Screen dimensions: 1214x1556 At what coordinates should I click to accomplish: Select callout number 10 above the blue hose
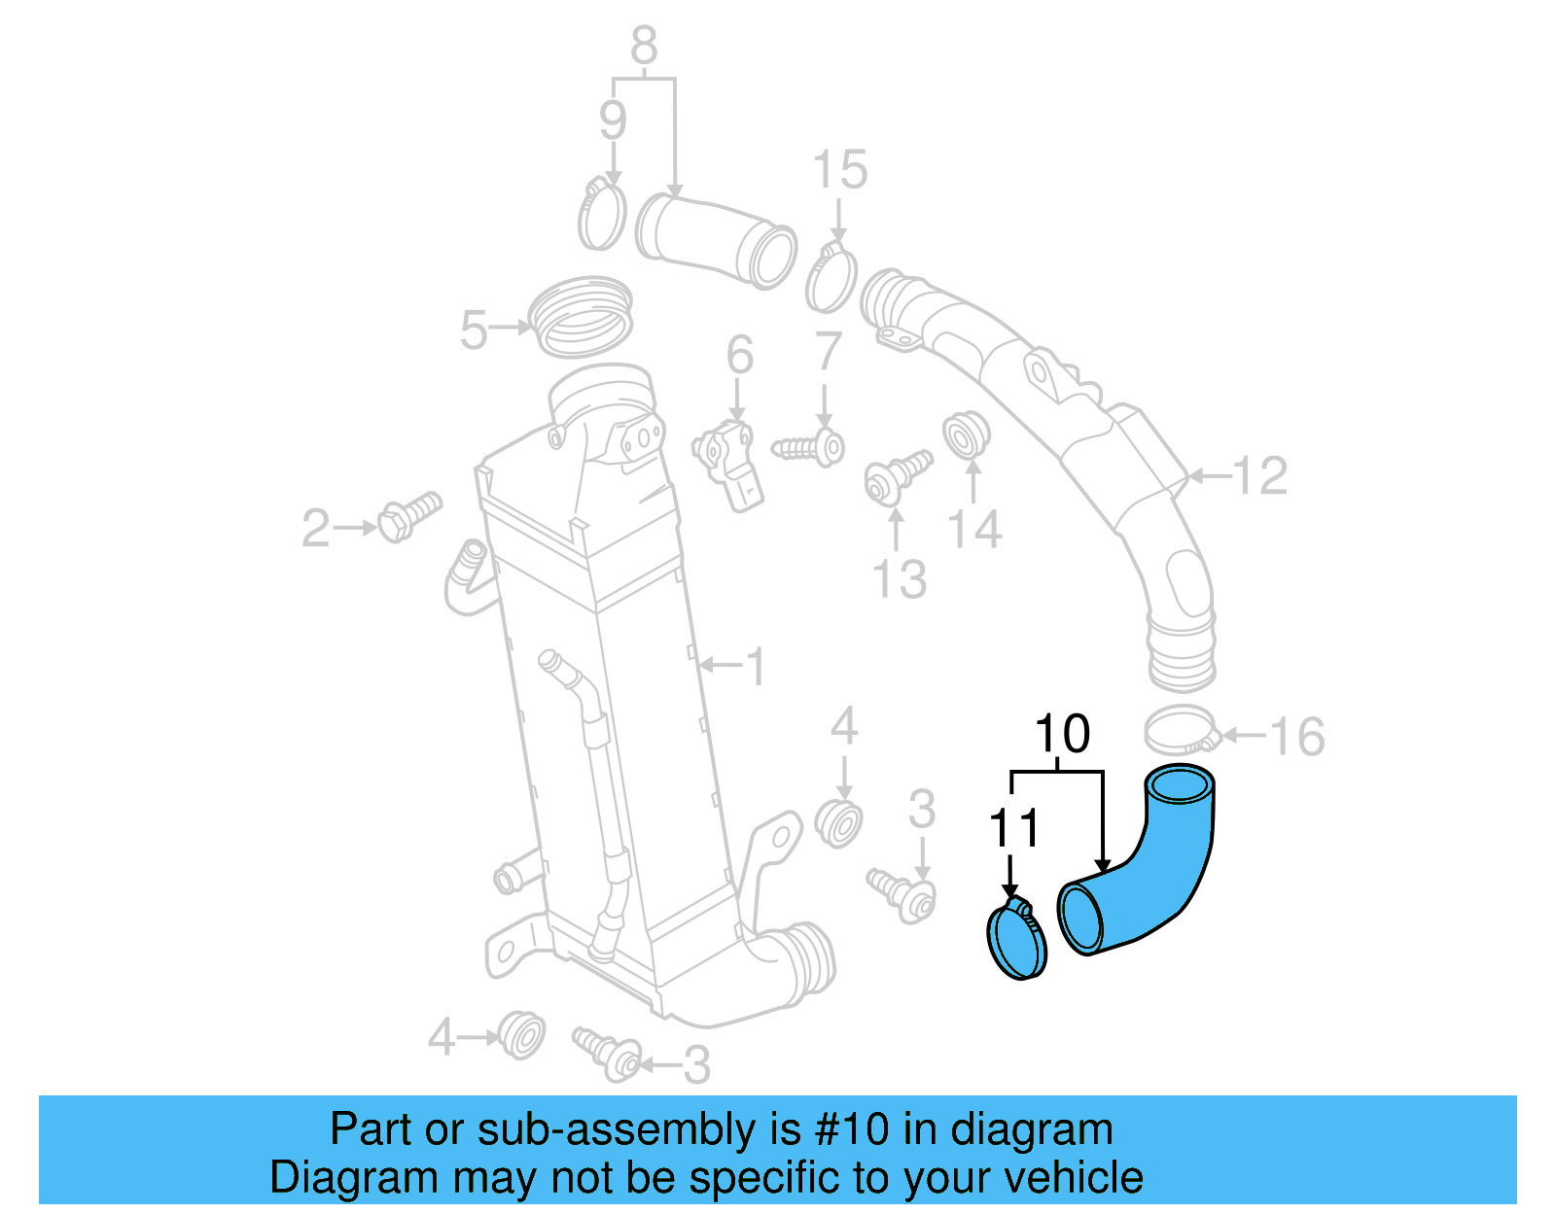coord(1061,734)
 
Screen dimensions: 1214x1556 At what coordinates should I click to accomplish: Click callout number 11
coord(1013,828)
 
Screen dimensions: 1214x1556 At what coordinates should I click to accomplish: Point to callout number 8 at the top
coord(644,45)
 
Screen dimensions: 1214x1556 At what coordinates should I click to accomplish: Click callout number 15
coord(840,170)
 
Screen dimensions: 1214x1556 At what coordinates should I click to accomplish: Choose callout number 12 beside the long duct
coord(1260,476)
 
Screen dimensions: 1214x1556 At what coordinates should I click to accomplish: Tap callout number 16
coord(1297,737)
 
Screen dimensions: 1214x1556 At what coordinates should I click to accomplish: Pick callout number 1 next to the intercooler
coord(756,667)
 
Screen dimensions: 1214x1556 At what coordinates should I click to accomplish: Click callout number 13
coord(900,579)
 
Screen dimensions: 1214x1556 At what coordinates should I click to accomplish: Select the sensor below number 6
coord(729,462)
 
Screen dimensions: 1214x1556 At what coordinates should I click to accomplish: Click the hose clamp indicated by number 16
coord(1181,731)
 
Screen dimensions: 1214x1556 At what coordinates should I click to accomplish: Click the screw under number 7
coord(809,448)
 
